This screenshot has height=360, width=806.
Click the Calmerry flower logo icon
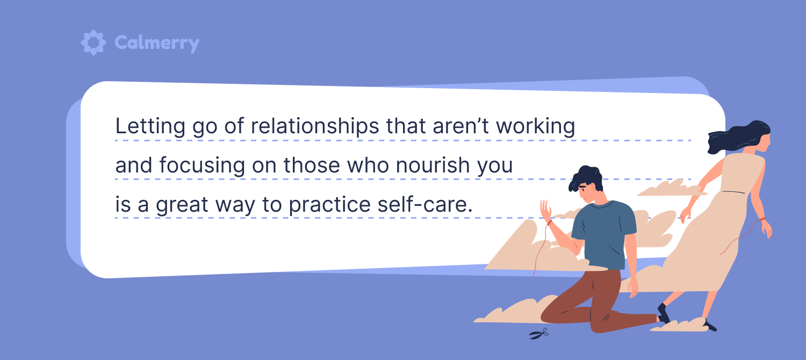pyautogui.click(x=93, y=42)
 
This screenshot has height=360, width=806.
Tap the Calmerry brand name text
pyautogui.click(x=157, y=44)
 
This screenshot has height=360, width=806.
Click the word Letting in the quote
pyautogui.click(x=150, y=127)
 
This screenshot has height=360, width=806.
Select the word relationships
pyautogui.click(x=315, y=127)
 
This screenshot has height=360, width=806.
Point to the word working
pyautogui.click(x=535, y=127)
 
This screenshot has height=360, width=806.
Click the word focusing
pyautogui.click(x=202, y=165)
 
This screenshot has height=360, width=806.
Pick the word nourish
pyautogui.click(x=433, y=165)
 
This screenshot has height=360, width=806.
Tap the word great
pyautogui.click(x=182, y=205)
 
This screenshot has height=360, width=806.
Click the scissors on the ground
pyautogui.click(x=538, y=334)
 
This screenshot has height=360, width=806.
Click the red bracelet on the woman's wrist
pyautogui.click(x=762, y=219)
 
